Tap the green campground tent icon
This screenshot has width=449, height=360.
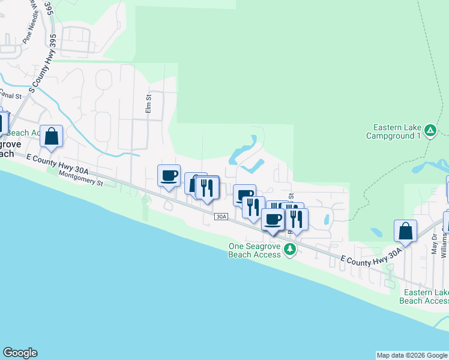click(430, 130)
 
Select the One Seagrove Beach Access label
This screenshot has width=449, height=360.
click(255, 250)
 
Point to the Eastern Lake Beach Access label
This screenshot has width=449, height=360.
click(424, 296)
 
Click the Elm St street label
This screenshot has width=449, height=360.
click(149, 104)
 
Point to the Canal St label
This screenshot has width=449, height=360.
click(10, 95)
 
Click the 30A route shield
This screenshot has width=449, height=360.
click(221, 216)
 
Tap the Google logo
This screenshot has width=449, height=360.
click(20, 353)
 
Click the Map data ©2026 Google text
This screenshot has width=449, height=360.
click(412, 355)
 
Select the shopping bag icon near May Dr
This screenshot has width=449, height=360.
click(406, 231)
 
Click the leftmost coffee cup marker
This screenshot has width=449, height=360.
click(169, 175)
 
